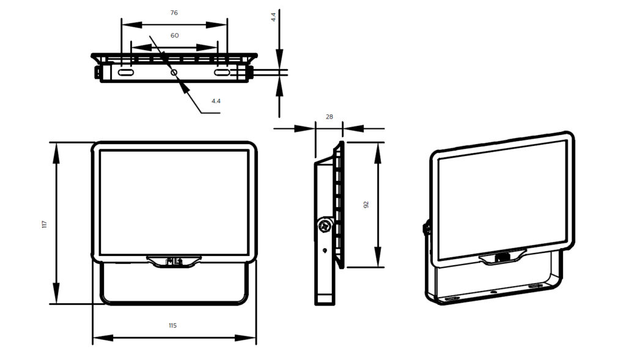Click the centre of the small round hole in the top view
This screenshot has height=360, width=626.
pos(174,72)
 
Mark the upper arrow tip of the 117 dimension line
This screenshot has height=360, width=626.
pos(56,142)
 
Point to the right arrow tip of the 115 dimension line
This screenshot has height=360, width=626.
pos(256,338)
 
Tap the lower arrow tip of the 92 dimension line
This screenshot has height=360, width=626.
pos(378,267)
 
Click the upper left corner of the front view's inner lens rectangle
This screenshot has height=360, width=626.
pos(100,151)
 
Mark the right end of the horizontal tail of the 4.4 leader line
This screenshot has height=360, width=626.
pos(220,113)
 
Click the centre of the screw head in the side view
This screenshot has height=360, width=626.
pos(325,226)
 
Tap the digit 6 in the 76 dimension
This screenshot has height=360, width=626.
pos(176,13)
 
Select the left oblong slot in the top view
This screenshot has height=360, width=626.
pos(126,73)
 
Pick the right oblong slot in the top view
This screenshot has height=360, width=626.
pos(221,73)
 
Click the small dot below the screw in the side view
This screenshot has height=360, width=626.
pos(325,251)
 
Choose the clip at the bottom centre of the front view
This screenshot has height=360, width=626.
pos(174,262)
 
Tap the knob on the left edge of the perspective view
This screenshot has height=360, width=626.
pos(426,228)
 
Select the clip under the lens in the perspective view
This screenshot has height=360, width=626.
pos(503,257)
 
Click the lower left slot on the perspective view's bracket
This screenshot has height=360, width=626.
pos(452,298)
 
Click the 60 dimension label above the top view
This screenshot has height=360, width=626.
pos(174,35)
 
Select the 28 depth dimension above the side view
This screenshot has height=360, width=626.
pos(330,117)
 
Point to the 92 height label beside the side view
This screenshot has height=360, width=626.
pos(366,205)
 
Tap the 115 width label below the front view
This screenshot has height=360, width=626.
pos(172,326)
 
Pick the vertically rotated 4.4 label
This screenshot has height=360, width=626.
pos(273,17)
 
